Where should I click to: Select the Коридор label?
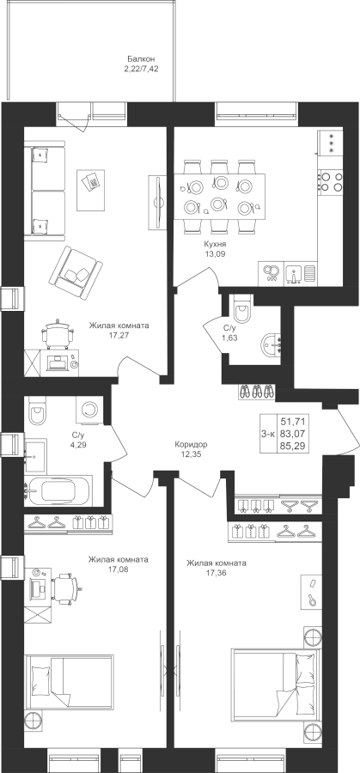191,444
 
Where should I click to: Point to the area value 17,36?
216,573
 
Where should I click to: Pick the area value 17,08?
119,569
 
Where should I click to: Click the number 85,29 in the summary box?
291,446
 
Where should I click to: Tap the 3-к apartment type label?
268,434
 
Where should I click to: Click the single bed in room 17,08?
69,682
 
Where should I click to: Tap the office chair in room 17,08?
66,587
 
